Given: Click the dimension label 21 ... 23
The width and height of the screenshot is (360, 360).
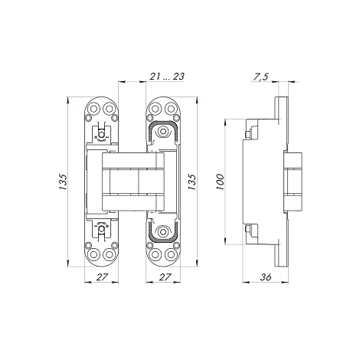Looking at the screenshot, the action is pos(167,77).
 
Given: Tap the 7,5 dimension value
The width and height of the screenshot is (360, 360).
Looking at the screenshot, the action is pos(260,77).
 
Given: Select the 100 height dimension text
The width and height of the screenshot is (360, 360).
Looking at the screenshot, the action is pos(220,182).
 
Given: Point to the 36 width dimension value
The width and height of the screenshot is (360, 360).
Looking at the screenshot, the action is pos(266,277).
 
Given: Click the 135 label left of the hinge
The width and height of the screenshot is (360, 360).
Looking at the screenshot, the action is pos(63,182).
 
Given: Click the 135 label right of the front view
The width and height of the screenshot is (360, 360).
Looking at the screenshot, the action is pos(192,182).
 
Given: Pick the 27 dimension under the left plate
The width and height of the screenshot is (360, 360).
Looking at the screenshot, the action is pos(102,277).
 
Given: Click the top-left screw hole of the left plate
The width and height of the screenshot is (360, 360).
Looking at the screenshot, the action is pos(94,109).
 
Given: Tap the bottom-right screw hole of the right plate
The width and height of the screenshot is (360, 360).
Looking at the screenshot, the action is pos(170,255).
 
